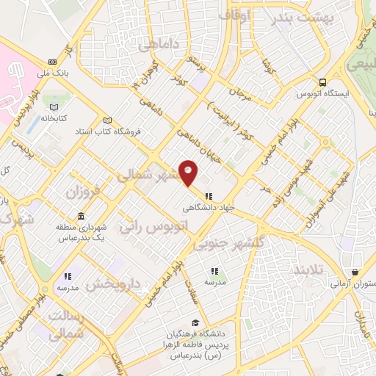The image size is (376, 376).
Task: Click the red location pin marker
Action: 189,173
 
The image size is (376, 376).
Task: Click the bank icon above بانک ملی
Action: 51,62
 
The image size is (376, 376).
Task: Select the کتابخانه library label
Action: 54,117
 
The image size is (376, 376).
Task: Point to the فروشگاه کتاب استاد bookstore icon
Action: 108,121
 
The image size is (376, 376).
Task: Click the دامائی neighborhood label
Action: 159,44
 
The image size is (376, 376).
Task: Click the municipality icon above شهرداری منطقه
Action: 81,217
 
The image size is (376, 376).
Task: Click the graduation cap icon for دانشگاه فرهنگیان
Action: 195,322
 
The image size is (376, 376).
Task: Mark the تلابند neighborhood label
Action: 307,270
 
